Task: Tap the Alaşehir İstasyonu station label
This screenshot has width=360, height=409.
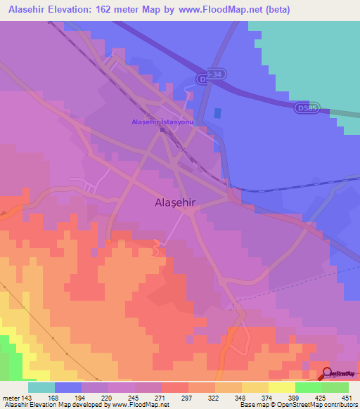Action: [162, 122]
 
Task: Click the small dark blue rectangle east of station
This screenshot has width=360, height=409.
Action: [217, 112]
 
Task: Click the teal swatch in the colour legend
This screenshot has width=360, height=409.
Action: [41, 387]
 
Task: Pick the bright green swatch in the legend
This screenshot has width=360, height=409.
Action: [308, 387]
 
